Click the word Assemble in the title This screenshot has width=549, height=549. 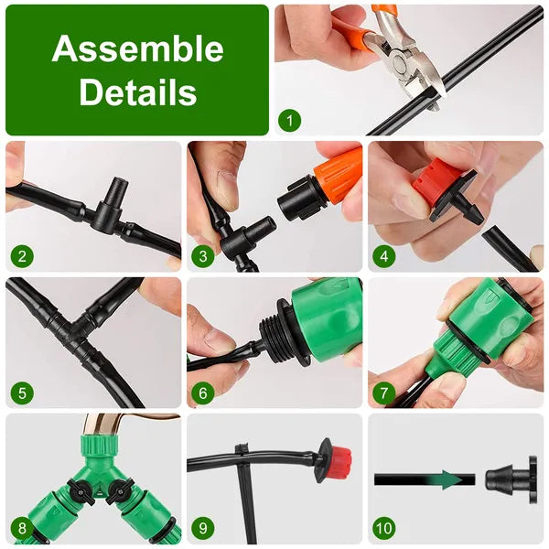click(x=137, y=49)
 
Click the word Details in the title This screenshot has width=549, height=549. click(x=137, y=92)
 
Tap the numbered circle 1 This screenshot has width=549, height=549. click(x=289, y=119)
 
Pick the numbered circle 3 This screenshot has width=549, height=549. click(x=203, y=255)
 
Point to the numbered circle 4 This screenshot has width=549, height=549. click(x=383, y=255)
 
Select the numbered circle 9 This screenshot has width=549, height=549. click(x=203, y=529)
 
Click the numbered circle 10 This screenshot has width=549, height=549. click(x=384, y=529)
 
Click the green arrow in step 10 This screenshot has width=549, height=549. click(x=447, y=479)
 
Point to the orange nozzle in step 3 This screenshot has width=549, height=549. click(x=334, y=174)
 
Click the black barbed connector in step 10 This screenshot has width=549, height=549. click(x=509, y=479)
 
